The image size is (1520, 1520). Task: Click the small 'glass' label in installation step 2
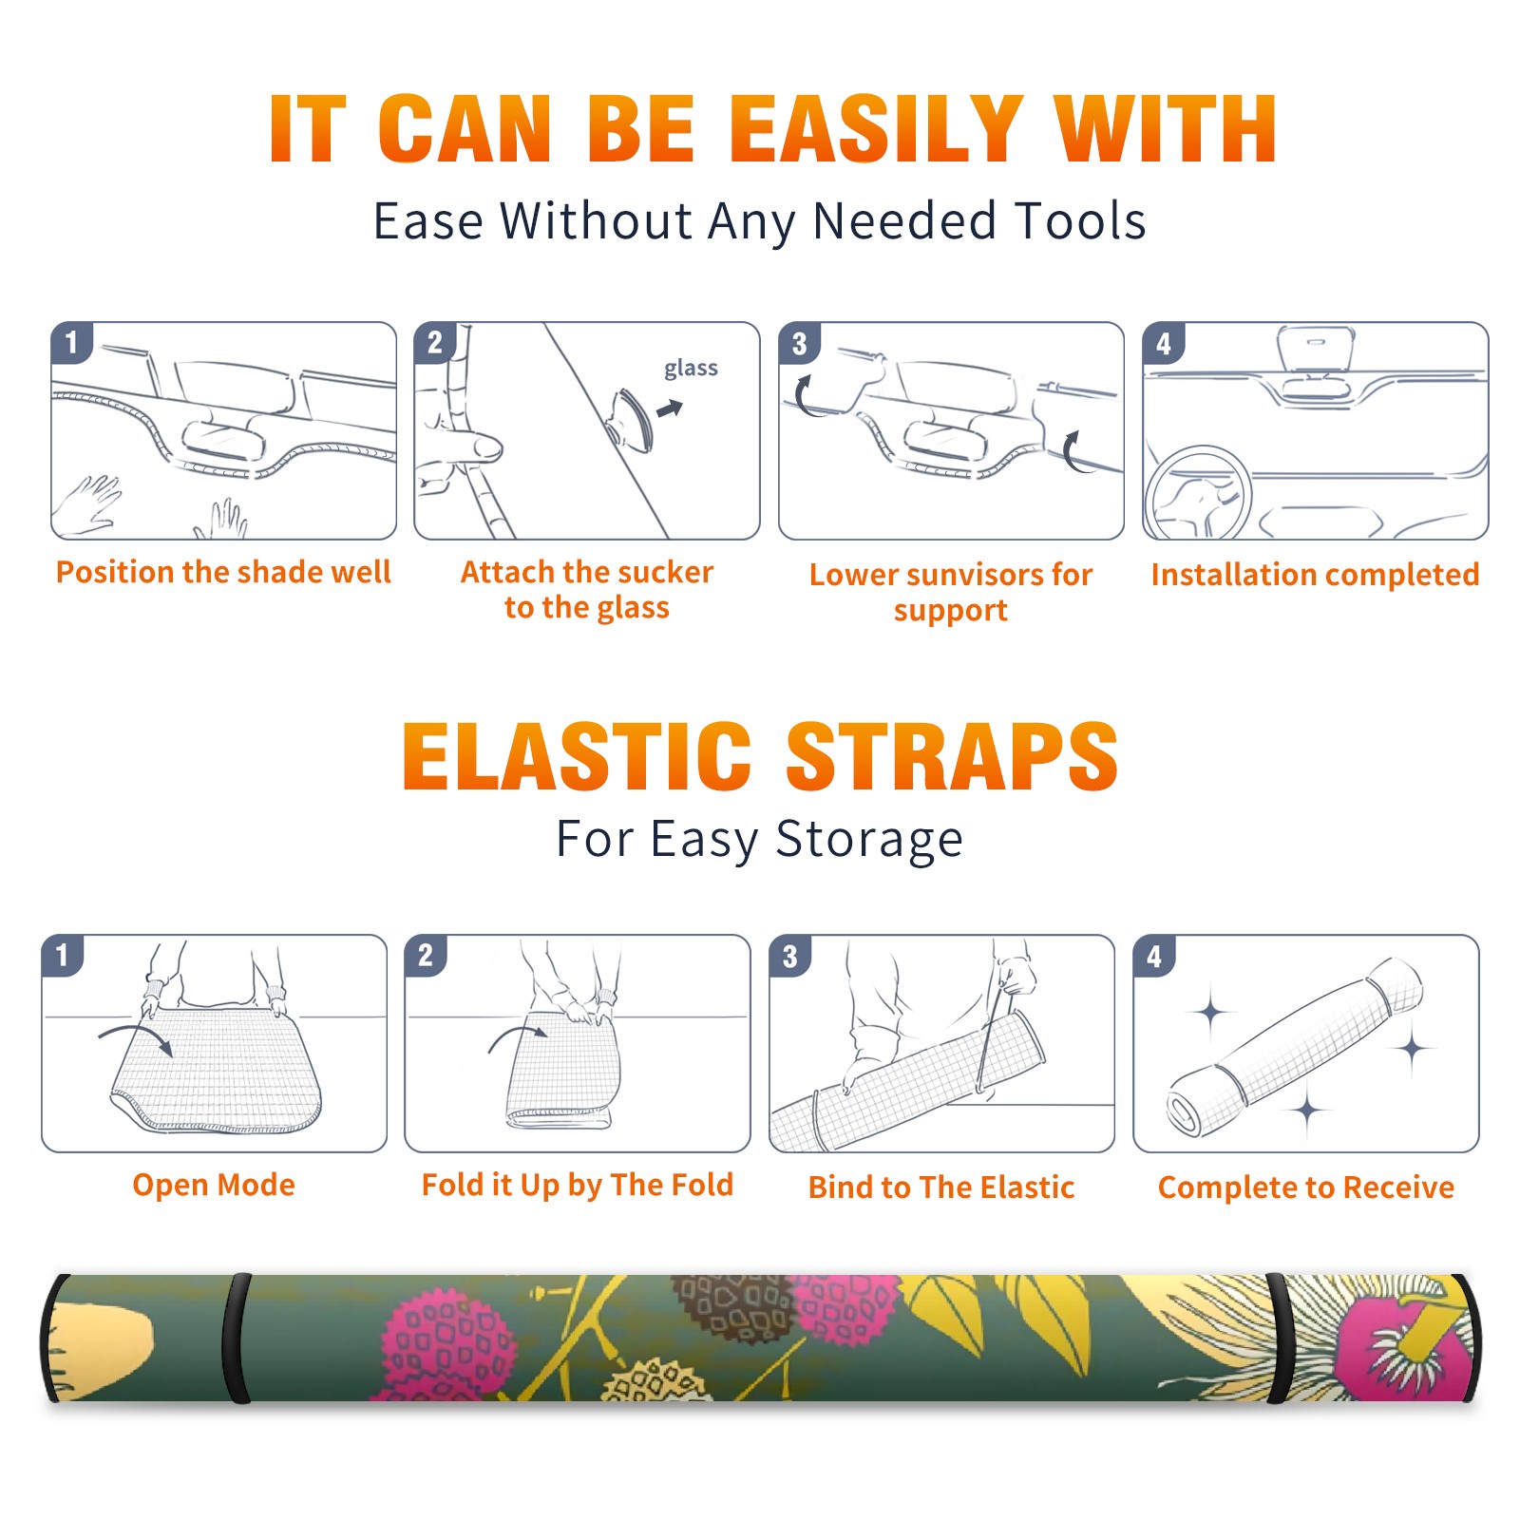click(691, 369)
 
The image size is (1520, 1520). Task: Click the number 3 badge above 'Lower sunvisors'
click(799, 343)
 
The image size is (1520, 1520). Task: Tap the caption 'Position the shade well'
click(223, 572)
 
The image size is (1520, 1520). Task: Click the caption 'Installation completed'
click(1315, 574)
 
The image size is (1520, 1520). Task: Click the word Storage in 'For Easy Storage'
click(869, 840)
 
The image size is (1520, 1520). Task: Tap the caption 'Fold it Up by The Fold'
click(578, 1185)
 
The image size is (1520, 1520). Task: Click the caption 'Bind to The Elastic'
click(941, 1187)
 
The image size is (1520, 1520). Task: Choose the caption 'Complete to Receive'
click(1306, 1187)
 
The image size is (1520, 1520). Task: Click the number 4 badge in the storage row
click(1154, 956)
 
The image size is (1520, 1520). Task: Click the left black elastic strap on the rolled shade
click(237, 1338)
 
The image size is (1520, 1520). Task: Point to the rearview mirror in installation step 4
click(1317, 349)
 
